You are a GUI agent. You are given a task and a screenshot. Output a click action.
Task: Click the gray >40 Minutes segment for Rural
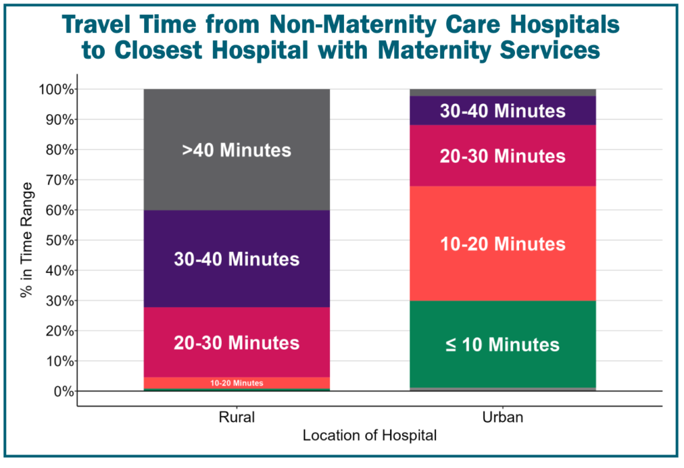tap(236, 150)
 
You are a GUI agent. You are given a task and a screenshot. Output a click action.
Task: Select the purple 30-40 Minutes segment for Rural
tap(236, 258)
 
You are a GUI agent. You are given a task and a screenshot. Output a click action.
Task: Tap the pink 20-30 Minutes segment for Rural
tap(236, 342)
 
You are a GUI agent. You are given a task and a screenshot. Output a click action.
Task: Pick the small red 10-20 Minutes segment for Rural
tap(236, 383)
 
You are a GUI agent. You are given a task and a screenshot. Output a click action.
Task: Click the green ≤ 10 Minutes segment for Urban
tap(502, 344)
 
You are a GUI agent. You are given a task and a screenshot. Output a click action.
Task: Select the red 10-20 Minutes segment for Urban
tap(502, 244)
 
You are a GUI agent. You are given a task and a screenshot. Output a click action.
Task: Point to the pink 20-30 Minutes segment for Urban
tap(502, 156)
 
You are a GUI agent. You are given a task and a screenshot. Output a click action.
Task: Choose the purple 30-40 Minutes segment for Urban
tap(502, 111)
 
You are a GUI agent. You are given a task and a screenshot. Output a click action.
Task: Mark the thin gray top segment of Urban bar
tap(502, 92)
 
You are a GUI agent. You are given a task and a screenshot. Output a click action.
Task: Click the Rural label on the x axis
tap(236, 419)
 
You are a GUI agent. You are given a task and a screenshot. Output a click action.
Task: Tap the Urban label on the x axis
tap(502, 419)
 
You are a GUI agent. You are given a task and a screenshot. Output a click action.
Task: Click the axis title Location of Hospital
tap(369, 436)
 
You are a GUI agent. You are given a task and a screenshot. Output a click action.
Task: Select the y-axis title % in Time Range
tap(27, 240)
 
